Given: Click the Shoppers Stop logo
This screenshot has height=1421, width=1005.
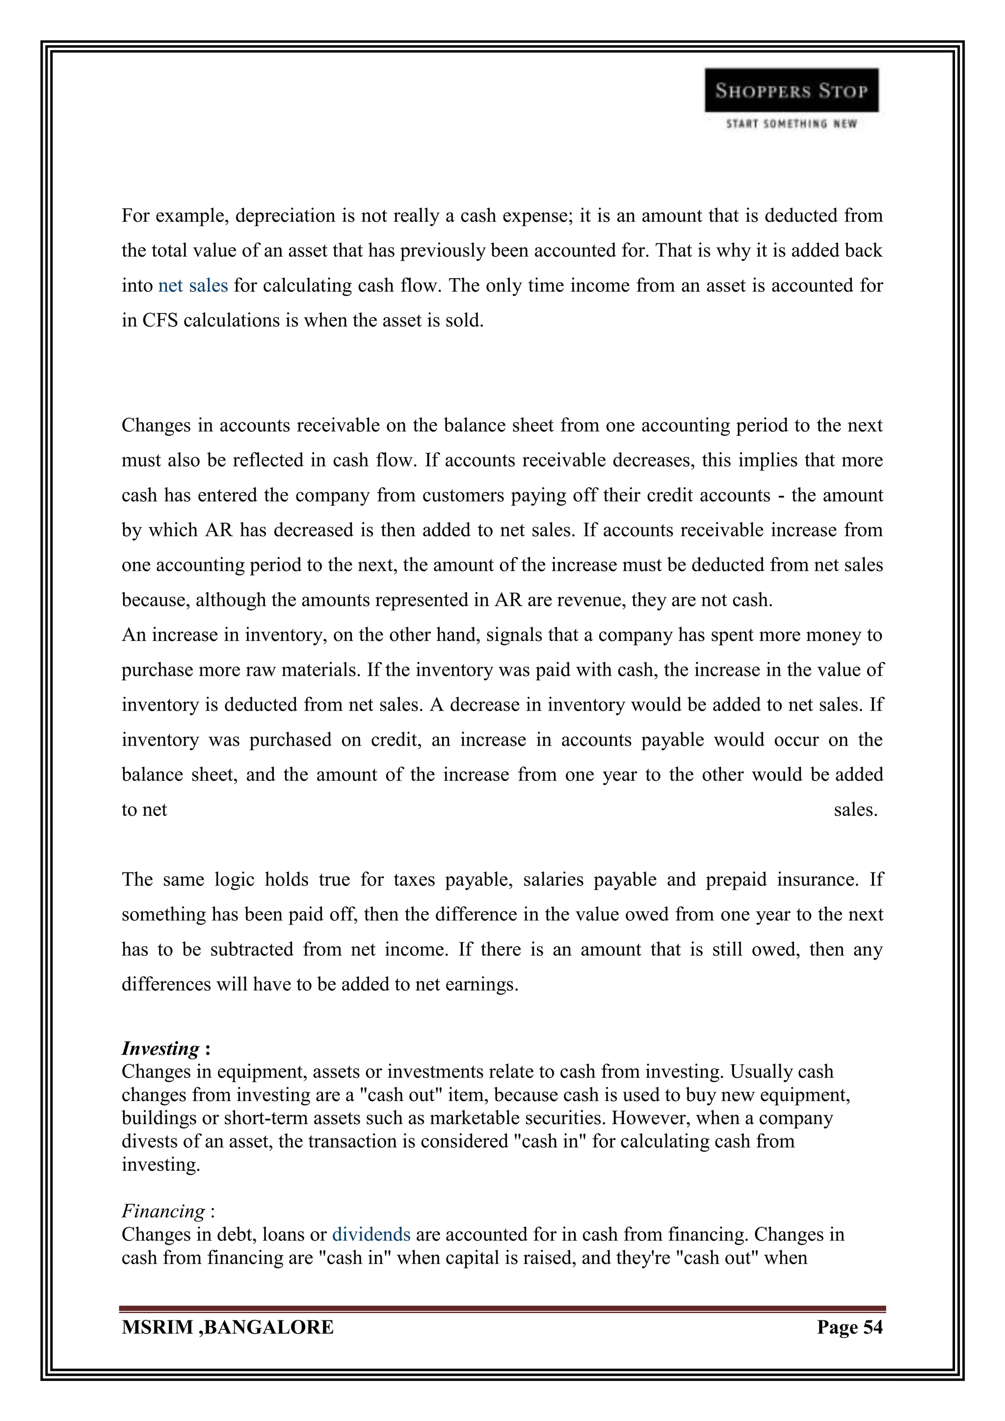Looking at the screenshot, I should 791,90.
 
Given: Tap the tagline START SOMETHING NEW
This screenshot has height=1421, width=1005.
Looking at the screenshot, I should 791,124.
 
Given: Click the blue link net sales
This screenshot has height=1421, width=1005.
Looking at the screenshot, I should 193,286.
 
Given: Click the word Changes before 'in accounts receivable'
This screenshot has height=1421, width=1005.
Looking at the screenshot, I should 157,426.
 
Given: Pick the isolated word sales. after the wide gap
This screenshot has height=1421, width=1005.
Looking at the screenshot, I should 855,810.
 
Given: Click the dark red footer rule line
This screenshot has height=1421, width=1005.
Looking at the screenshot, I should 502,1309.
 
